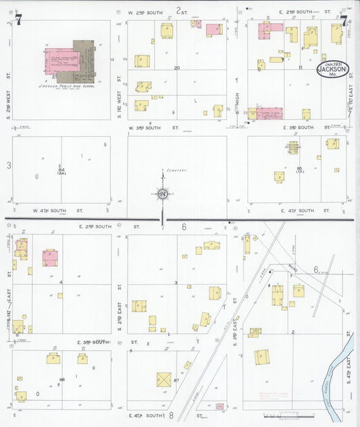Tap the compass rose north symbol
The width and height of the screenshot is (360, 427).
[163, 194]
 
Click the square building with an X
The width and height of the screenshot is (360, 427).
[164, 380]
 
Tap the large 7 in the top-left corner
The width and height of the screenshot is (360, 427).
[20, 20]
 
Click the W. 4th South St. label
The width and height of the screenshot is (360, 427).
[57, 211]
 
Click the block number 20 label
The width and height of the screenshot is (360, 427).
[177, 68]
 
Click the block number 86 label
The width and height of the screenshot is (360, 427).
[61, 380]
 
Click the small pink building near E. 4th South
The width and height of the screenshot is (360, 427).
[220, 406]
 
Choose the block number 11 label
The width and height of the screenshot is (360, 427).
[299, 68]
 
